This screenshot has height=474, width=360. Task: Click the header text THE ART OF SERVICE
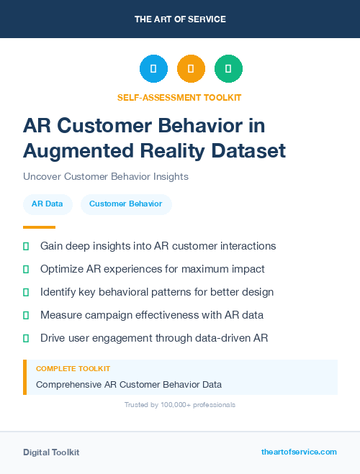coord(180,19)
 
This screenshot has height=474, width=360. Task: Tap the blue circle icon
coord(153,68)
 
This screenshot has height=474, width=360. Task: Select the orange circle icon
coord(191,68)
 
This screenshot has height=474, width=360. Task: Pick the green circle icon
coord(228,68)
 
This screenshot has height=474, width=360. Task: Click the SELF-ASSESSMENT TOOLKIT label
coord(179,97)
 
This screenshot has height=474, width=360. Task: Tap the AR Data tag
coord(47,204)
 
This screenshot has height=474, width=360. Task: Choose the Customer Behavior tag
coord(126,204)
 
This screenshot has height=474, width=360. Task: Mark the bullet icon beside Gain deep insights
coord(26,246)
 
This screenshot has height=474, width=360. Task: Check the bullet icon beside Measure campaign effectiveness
coord(26,315)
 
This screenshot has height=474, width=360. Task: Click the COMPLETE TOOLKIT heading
coord(73,369)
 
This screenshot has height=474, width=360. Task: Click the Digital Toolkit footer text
coord(51,452)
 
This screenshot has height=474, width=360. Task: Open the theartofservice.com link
coord(299,452)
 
